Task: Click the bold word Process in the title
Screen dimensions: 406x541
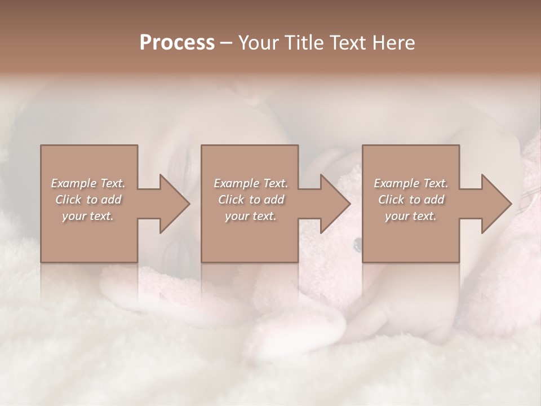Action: point(177,43)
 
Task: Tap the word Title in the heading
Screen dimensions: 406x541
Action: point(303,43)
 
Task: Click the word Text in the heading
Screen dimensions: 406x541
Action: point(348,43)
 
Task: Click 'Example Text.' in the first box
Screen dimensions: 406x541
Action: point(88,183)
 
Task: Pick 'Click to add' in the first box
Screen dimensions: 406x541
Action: point(88,200)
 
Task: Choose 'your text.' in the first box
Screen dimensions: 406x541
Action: point(88,216)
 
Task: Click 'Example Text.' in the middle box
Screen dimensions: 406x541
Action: point(250,183)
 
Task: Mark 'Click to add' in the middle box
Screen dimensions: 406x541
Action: point(250,200)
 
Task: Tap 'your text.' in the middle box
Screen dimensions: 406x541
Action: point(250,216)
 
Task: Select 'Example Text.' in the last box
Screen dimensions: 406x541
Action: point(411,183)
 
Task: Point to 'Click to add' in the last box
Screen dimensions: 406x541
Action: point(411,200)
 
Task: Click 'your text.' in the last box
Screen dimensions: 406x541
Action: point(411,216)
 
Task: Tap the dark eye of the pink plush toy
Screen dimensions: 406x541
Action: point(357,244)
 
